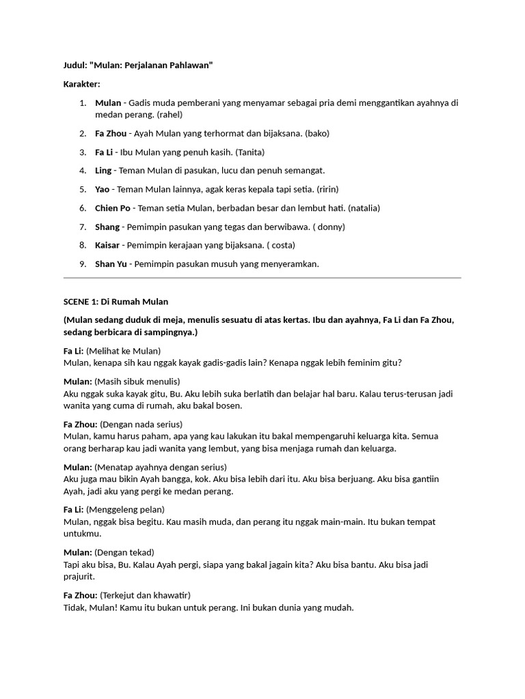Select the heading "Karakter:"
(x=81, y=84)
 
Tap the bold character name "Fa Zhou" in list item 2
(x=110, y=133)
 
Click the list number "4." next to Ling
(x=82, y=171)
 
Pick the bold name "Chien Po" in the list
(x=113, y=208)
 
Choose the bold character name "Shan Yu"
(x=111, y=263)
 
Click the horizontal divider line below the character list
(x=262, y=278)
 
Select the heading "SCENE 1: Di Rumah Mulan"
(x=116, y=301)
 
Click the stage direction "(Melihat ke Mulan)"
(x=124, y=350)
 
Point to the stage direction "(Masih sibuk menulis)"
(x=137, y=381)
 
